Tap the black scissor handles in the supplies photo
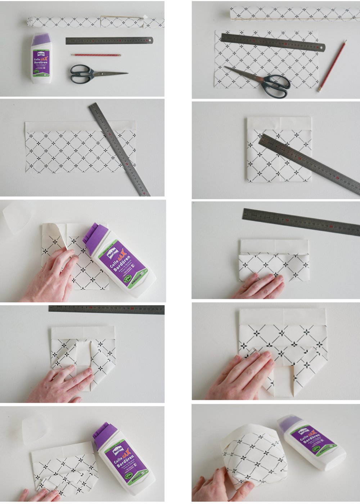81,73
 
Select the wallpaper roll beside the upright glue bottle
95,22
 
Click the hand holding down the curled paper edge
50,277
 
